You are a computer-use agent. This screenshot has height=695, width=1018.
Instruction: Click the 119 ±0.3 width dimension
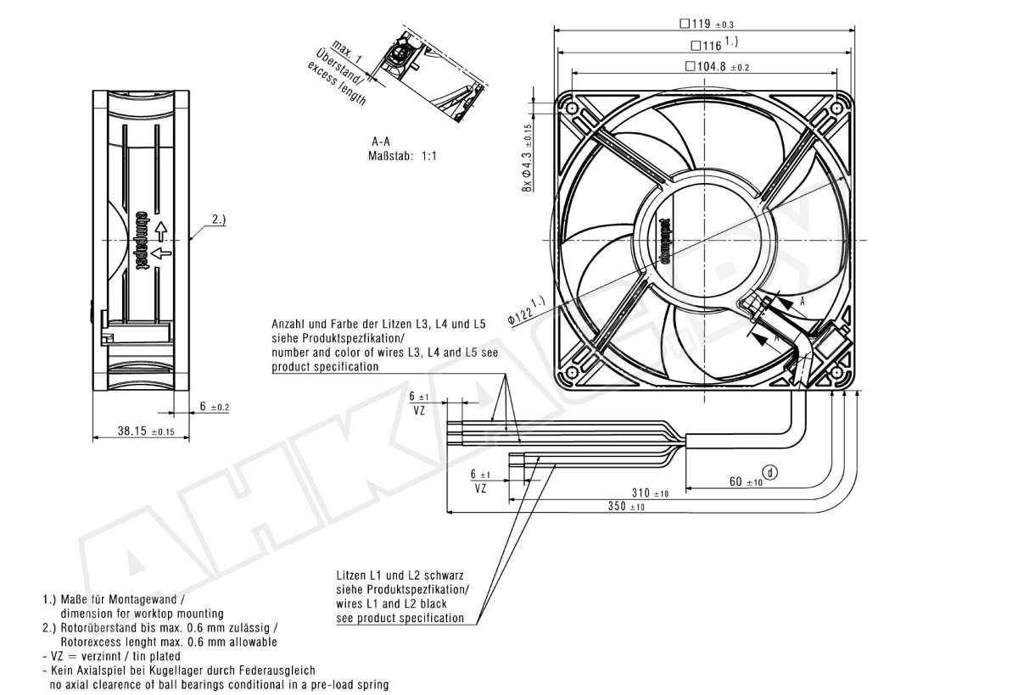click(707, 24)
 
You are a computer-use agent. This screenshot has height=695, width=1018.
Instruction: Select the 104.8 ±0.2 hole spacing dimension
click(717, 67)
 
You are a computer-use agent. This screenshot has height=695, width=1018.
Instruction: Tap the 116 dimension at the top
click(714, 44)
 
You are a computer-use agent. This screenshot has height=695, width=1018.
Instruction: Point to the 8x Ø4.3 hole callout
click(527, 158)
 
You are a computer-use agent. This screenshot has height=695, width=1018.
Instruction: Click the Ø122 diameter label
click(526, 310)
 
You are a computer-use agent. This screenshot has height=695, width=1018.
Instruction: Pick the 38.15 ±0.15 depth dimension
click(146, 431)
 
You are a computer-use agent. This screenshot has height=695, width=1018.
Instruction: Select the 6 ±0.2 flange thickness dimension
click(215, 406)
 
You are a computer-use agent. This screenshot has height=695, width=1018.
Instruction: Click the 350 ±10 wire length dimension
click(626, 506)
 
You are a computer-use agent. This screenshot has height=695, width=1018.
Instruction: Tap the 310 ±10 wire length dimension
click(650, 492)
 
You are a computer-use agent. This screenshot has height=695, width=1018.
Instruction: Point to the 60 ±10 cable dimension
click(746, 481)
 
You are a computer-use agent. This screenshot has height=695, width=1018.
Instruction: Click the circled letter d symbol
click(770, 473)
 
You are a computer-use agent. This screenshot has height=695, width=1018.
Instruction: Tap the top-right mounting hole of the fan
click(836, 108)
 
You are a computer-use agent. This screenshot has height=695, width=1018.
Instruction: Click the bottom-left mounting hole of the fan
click(571, 373)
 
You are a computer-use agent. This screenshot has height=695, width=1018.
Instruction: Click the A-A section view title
click(381, 142)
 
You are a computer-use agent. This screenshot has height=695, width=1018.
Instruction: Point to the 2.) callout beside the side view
click(219, 220)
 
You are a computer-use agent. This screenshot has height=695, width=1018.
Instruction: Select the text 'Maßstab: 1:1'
click(402, 156)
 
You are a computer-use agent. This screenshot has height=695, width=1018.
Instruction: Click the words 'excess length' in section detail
click(337, 84)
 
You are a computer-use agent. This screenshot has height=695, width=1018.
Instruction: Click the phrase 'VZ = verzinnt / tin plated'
click(112, 656)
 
